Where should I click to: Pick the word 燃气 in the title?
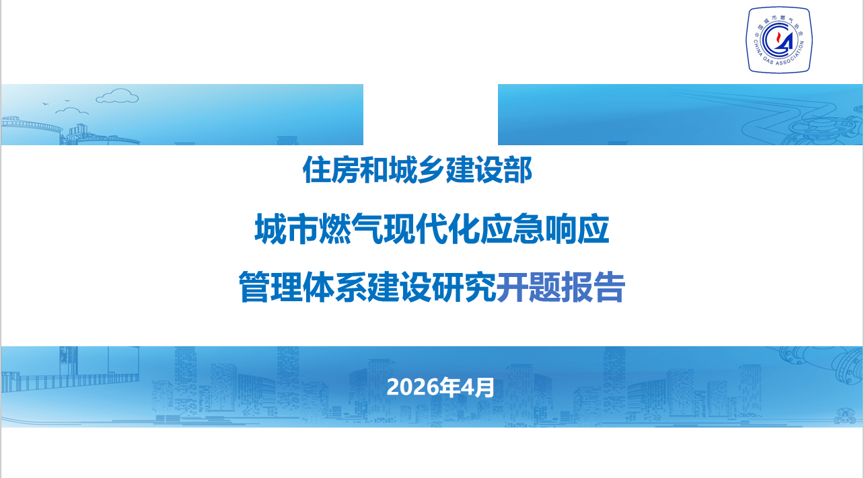pyautogui.click(x=336, y=231)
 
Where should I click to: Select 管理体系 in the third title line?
pyautogui.click(x=302, y=288)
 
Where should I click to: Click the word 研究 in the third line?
pyautogui.click(x=464, y=288)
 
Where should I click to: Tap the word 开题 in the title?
pyautogui.click(x=528, y=288)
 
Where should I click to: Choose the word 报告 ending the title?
pyautogui.click(x=593, y=288)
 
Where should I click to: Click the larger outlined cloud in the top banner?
pyautogui.click(x=117, y=97)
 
